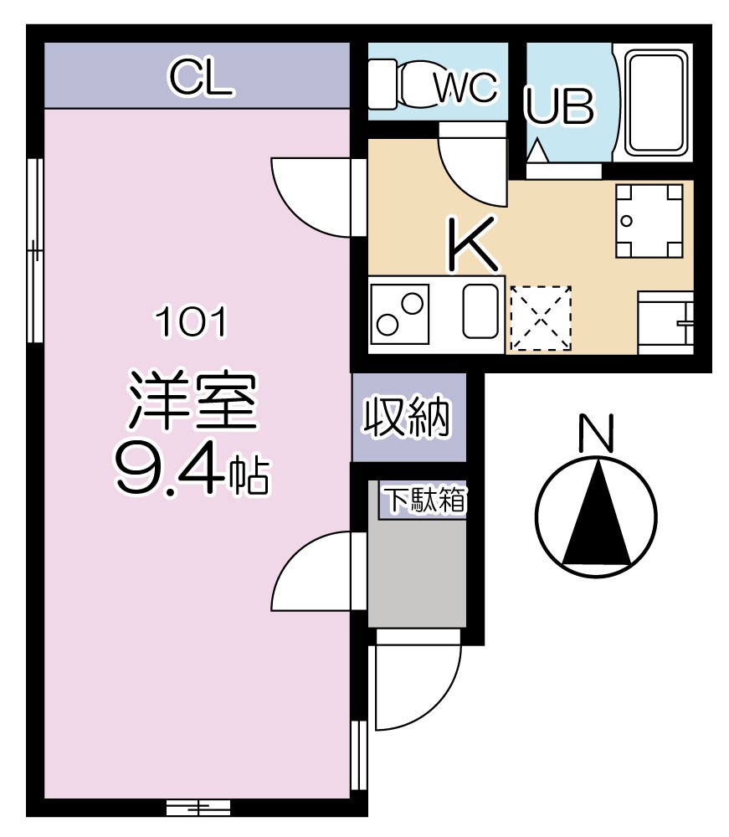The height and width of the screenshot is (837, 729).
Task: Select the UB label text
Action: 560,106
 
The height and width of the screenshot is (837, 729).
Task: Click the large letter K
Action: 473,244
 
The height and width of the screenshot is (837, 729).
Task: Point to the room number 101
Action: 190,321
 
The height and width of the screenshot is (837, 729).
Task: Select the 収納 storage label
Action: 408,416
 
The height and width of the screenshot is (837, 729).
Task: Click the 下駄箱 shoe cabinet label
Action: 424,501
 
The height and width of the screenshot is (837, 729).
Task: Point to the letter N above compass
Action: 597,433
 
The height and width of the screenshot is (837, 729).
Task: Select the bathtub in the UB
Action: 658,105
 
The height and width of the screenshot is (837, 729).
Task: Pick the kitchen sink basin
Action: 480,311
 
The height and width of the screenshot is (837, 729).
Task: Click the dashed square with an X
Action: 541,319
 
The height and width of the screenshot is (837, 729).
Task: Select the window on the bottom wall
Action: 198,808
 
